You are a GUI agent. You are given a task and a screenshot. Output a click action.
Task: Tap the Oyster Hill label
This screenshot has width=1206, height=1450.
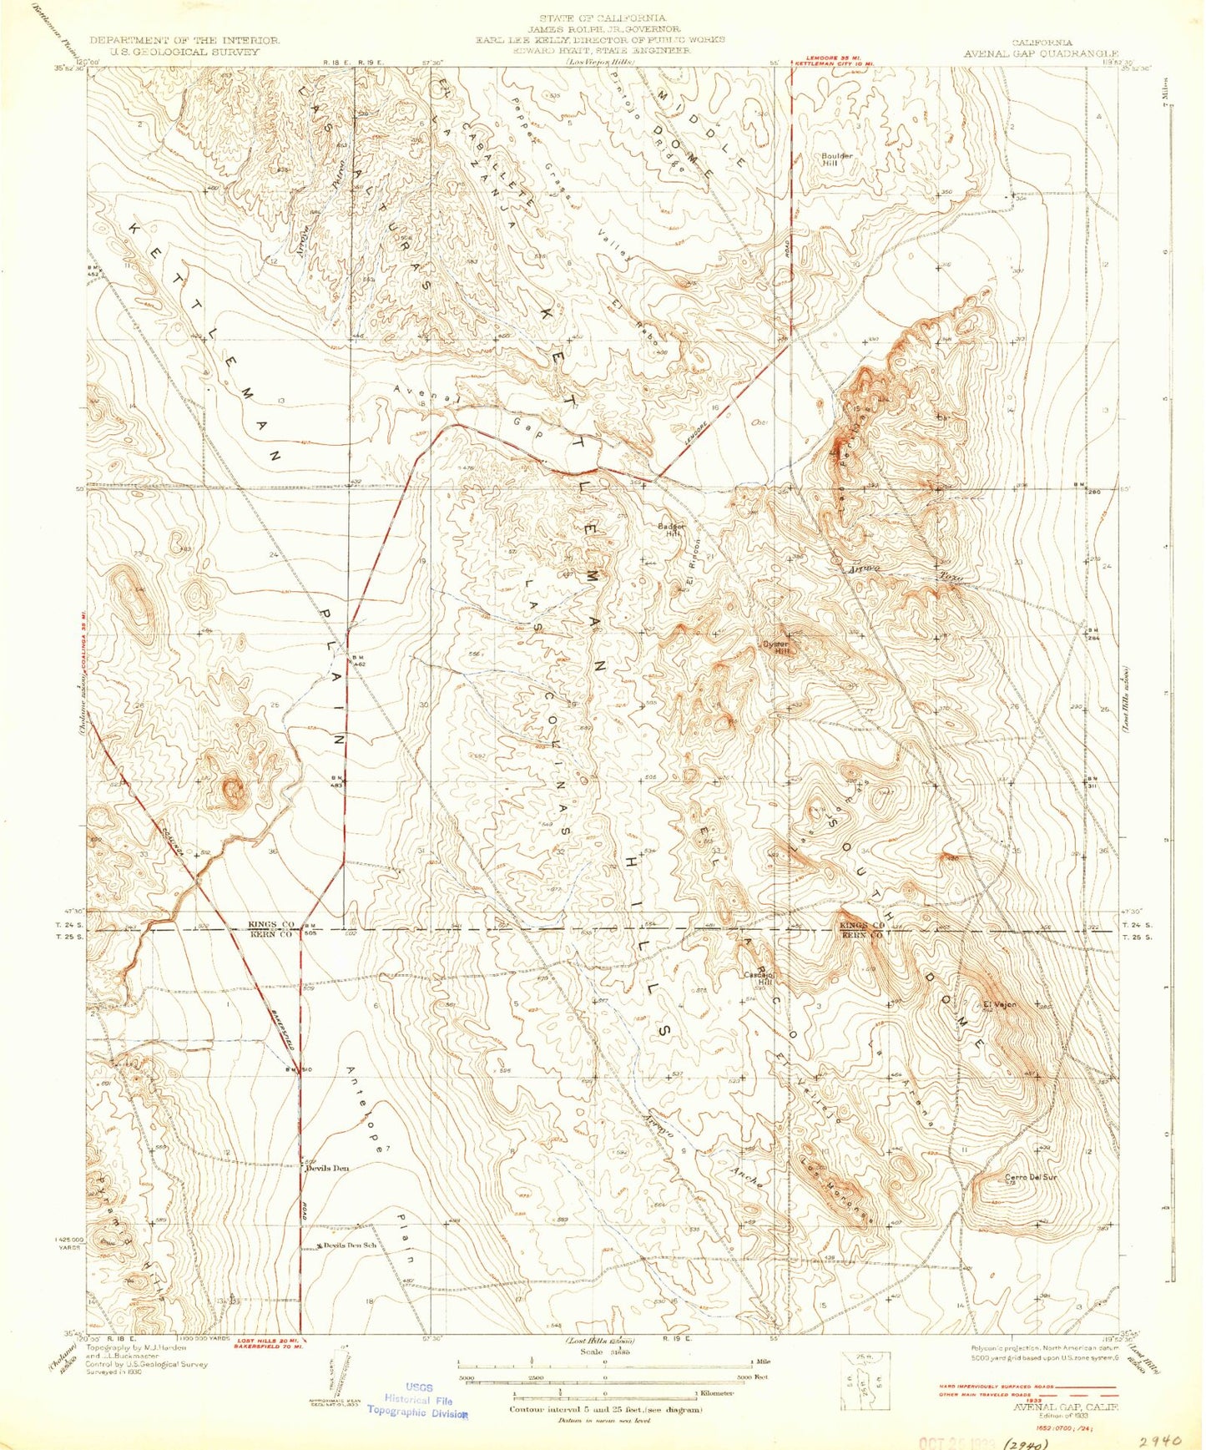(x=780, y=648)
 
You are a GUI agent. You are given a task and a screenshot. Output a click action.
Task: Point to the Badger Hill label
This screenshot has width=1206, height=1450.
(x=671, y=530)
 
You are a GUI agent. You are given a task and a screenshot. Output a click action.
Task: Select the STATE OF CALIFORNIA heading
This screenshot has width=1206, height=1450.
(x=602, y=18)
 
